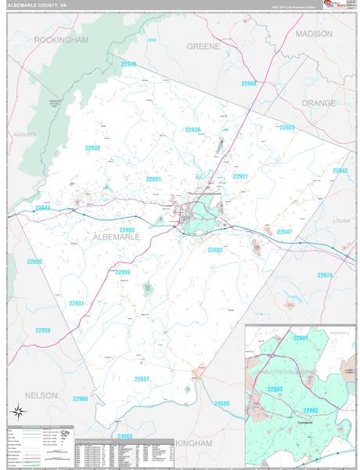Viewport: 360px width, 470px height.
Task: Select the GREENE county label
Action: (203, 46)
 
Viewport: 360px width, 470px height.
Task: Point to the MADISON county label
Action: (314, 34)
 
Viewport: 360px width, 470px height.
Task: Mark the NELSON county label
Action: (41, 396)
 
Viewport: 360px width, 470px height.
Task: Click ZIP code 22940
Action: (128, 64)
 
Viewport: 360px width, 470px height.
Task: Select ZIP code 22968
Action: (249, 83)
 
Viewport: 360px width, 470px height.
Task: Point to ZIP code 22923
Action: (286, 127)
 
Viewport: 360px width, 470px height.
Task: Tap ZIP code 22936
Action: (193, 130)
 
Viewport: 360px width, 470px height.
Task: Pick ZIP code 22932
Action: (92, 148)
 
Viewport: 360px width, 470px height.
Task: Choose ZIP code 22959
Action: (123, 273)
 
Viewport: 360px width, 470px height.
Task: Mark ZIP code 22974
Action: (325, 275)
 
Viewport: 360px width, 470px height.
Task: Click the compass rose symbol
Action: (17, 410)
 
